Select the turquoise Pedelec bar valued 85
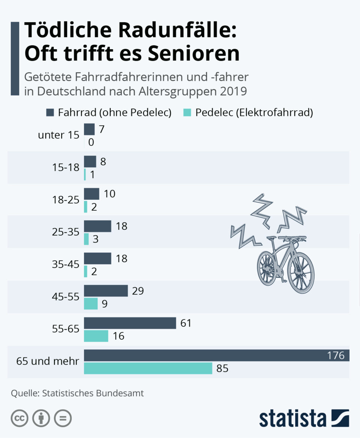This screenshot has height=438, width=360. point(148,368)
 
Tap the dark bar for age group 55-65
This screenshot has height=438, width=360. point(130,323)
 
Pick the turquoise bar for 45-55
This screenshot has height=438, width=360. point(91,304)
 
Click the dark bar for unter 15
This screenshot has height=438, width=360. point(89,129)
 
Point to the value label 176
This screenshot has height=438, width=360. point(336,355)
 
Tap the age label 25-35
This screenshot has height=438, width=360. point(66,232)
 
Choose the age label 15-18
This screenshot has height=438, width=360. point(66,168)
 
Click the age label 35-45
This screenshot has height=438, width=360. point(66,264)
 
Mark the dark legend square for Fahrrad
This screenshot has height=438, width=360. point(50,112)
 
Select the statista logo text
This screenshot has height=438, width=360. point(292,418)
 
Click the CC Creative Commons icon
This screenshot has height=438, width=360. point(19,418)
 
